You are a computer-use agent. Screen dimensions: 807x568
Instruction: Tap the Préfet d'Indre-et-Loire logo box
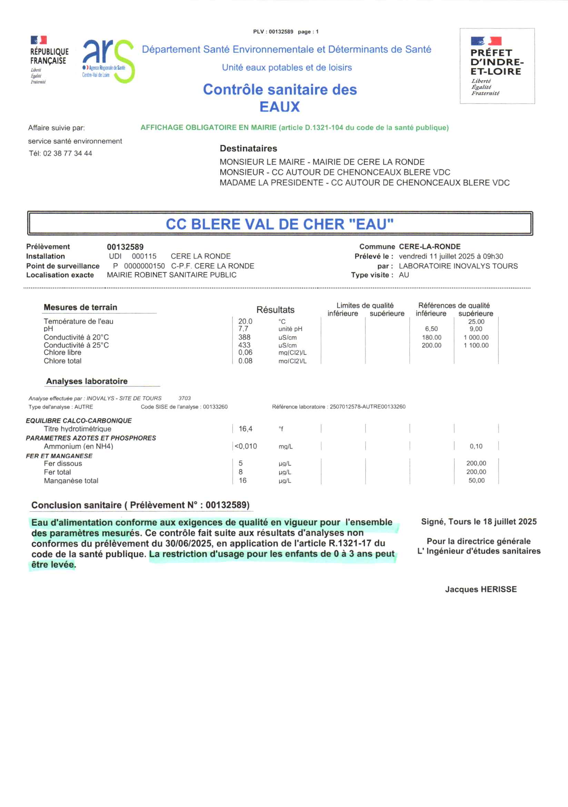[497, 66]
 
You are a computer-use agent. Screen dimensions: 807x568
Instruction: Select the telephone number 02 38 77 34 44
[68, 153]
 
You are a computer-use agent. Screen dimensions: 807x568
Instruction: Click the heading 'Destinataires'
[248, 148]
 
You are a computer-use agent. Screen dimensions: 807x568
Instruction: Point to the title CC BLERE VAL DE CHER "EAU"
[280, 224]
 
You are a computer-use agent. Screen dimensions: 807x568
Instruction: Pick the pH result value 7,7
[243, 329]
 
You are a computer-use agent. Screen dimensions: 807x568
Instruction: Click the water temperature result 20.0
[245, 321]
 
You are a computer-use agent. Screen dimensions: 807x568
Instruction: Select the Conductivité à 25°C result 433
[244, 345]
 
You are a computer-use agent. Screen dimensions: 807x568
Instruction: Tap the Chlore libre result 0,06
[245, 352]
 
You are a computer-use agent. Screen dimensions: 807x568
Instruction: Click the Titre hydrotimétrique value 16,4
[245, 429]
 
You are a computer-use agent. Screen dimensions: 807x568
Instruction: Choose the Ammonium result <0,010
[246, 446]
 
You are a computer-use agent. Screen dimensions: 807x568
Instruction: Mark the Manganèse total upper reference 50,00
[476, 480]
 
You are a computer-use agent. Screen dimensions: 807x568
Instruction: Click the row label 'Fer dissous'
[63, 463]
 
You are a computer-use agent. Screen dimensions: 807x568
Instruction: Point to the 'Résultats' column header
[275, 309]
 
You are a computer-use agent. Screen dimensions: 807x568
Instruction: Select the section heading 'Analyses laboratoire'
[87, 381]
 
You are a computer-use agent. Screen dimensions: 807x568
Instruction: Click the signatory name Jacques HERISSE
[480, 589]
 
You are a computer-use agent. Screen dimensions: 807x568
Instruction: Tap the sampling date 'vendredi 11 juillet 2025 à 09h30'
[451, 256]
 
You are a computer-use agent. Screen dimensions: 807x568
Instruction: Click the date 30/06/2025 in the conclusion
[189, 543]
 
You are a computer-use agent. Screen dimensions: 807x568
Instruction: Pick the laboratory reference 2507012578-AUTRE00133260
[367, 407]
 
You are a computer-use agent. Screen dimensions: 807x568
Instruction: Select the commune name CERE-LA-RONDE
[429, 246]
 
